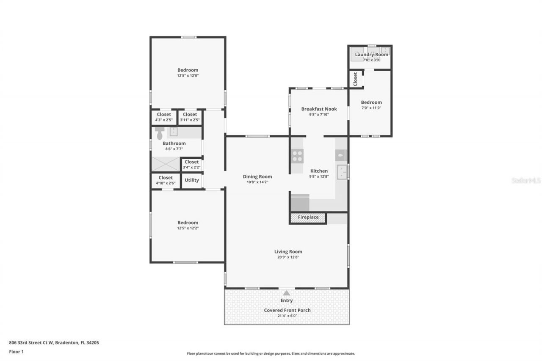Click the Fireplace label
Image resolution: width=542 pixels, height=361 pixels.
308,218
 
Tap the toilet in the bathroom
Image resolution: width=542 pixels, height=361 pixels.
160,133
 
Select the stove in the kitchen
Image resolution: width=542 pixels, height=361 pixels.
298,156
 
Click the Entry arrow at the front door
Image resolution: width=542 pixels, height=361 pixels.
287,293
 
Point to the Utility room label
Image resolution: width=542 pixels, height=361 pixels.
192,180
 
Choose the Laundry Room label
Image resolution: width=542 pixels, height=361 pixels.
371,55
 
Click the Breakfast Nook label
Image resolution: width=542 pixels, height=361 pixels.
319,109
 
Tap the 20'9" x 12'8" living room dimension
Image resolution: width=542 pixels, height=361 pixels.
288,257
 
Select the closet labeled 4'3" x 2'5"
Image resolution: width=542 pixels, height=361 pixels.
164,117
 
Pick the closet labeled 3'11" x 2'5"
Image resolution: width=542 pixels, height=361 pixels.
190,117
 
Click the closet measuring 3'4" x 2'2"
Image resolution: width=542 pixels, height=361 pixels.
191,164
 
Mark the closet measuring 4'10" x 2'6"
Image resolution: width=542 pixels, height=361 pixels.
166,180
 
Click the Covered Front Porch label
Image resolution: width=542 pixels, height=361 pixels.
287,310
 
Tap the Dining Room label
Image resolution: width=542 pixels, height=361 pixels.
257,177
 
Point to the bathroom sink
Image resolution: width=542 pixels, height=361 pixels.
174,132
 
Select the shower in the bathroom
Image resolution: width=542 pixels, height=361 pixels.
166,164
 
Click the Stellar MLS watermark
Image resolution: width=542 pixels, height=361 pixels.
526,180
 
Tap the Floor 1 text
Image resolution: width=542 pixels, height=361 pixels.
16,351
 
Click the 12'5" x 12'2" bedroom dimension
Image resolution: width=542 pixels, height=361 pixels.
188,228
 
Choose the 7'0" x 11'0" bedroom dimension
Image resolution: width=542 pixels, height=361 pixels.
371,108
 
